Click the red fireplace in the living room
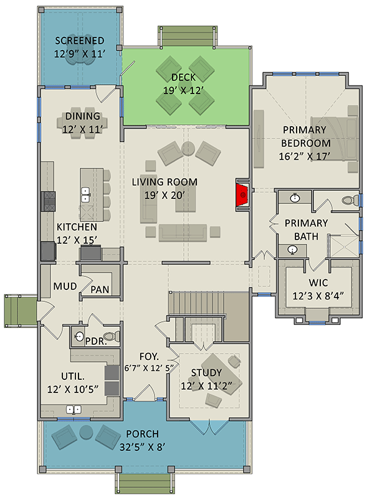pos(241,195)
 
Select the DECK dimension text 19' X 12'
pos(183,90)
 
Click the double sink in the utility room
pos(75,410)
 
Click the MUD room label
pos(60,287)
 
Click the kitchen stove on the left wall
pos(49,200)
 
